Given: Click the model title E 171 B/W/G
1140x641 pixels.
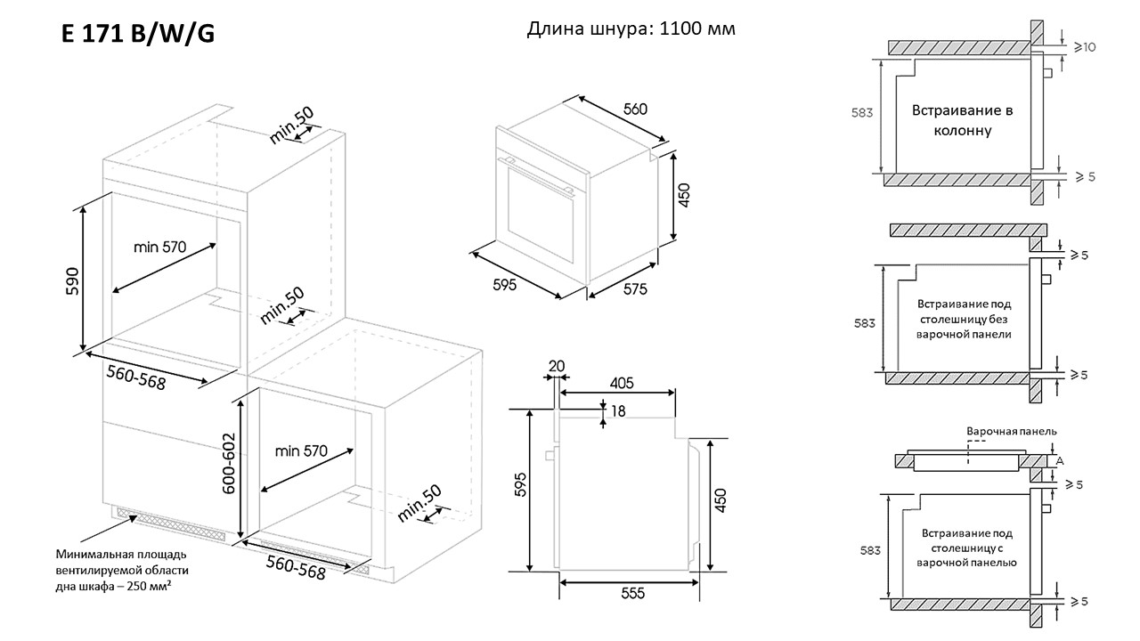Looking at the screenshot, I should pyautogui.click(x=138, y=34).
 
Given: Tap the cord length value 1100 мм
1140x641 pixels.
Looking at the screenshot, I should pyautogui.click(x=697, y=28).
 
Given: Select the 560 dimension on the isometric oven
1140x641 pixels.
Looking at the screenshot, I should pyautogui.click(x=634, y=110).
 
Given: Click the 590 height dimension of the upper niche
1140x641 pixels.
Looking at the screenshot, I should pyautogui.click(x=73, y=280).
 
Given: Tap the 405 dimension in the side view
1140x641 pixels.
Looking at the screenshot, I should pyautogui.click(x=621, y=384).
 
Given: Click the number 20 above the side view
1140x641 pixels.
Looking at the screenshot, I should pyautogui.click(x=557, y=365).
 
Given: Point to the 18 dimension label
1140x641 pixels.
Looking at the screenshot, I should pyautogui.click(x=618, y=410).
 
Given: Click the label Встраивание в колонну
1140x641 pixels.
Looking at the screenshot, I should pyautogui.click(x=962, y=120).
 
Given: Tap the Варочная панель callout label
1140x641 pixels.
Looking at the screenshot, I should pyautogui.click(x=1012, y=431).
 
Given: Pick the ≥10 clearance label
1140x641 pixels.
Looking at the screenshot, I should pyautogui.click(x=1084, y=46).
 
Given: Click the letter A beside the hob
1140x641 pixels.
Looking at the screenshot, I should pyautogui.click(x=1059, y=460).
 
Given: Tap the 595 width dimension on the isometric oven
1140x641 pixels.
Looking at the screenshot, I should pyautogui.click(x=504, y=285).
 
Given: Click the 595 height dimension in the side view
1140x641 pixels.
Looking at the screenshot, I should pyautogui.click(x=521, y=483).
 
